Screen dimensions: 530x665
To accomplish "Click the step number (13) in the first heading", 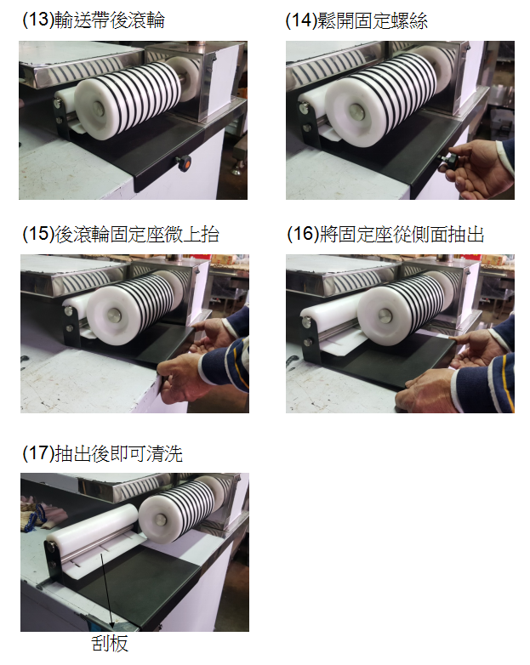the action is [38, 20].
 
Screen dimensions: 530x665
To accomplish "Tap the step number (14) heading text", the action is [301, 20].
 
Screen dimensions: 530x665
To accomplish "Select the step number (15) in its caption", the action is [38, 234].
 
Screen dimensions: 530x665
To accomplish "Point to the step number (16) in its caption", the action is [303, 234].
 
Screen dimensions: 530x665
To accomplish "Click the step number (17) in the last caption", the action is [38, 453].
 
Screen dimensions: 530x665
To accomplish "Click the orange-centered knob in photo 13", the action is [184, 163].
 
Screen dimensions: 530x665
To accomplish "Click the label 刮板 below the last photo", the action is [110, 643].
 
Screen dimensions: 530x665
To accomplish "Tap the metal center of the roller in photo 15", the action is [114, 315].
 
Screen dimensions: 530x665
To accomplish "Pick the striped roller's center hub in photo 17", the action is [162, 520].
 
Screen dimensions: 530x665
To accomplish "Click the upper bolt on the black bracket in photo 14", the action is [304, 109].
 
